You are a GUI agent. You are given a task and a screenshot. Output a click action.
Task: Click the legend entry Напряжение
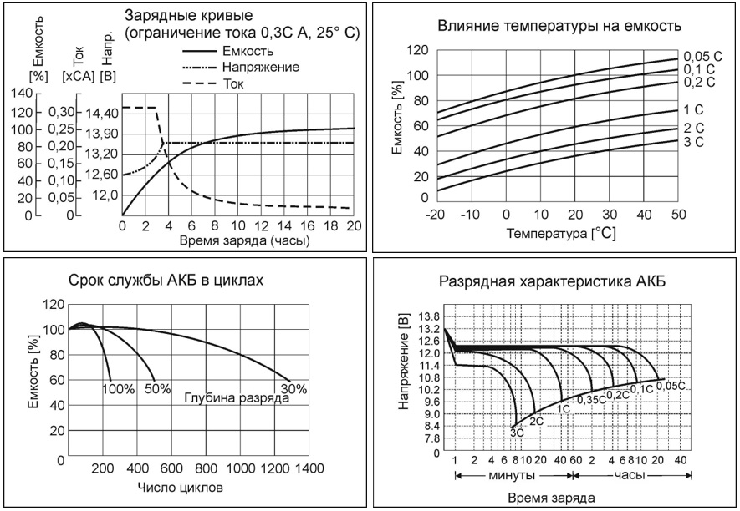tap(260, 66)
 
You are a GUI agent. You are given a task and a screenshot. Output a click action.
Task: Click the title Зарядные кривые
tap(179, 16)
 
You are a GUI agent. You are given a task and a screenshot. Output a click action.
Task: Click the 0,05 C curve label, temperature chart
tap(702, 55)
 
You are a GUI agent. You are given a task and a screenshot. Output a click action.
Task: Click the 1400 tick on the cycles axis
tap(309, 469)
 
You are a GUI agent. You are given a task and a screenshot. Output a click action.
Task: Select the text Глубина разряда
tap(236, 398)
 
